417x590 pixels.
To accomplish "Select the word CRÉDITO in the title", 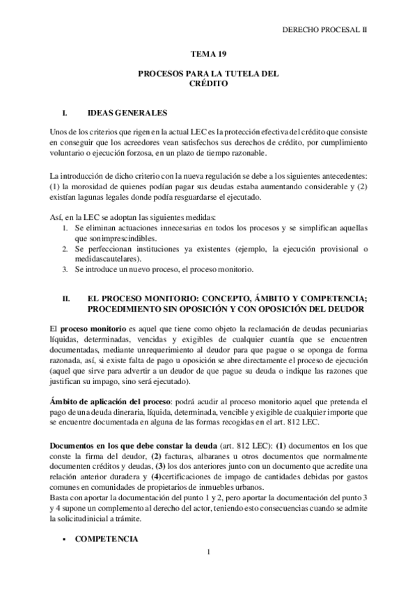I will (x=208, y=82).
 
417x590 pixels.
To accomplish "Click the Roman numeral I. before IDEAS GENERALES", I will (x=65, y=112).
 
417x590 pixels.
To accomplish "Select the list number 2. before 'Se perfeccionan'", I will (x=65, y=249).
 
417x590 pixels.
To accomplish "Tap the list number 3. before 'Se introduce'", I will (x=65, y=269).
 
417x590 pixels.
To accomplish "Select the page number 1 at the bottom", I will (x=208, y=553).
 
